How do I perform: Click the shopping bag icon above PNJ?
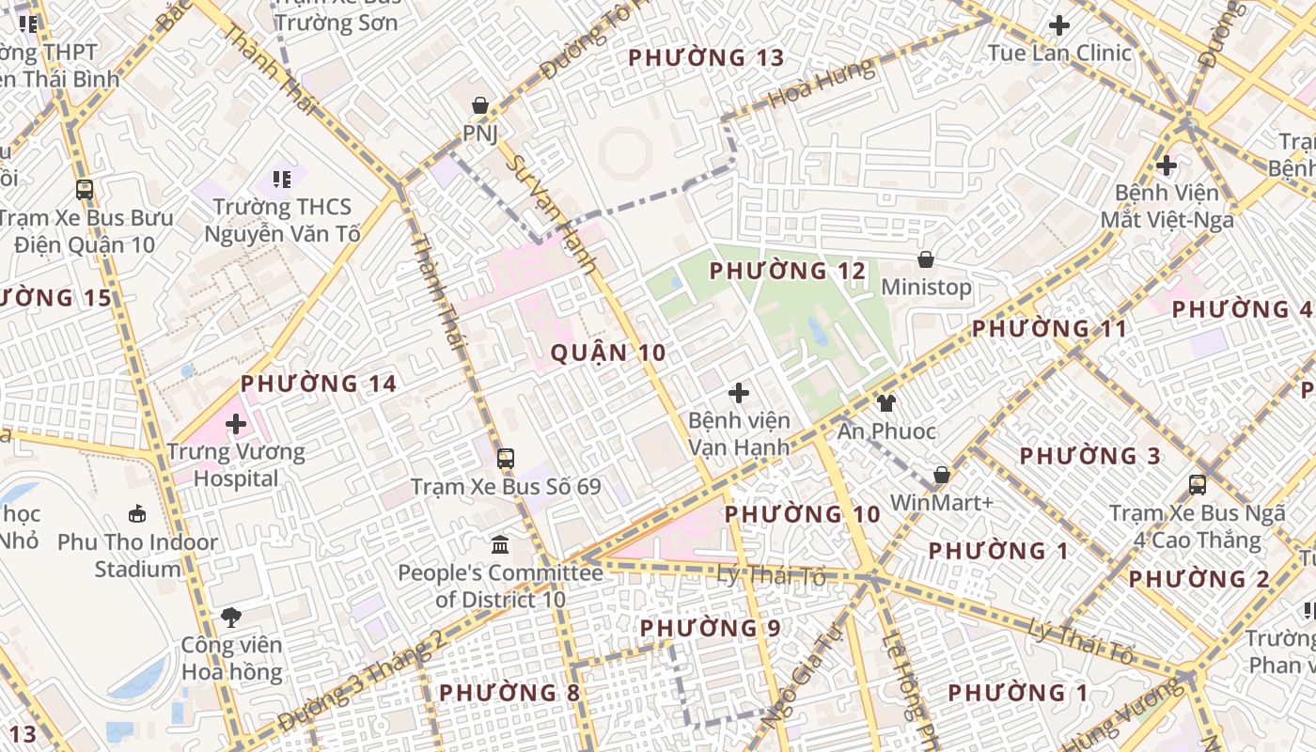click(x=479, y=104)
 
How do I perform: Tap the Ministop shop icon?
click(x=926, y=259)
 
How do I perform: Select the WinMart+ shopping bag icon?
click(x=941, y=475)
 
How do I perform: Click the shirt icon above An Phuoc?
click(x=886, y=403)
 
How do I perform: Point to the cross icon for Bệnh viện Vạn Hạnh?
click(x=739, y=392)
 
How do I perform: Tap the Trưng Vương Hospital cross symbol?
click(x=236, y=424)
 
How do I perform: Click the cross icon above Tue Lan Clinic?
click(x=1059, y=25)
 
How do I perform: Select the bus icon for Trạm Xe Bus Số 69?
click(x=506, y=459)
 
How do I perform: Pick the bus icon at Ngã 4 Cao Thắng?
click(x=1198, y=485)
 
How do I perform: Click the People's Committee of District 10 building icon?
click(x=500, y=544)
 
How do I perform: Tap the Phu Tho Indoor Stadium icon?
click(x=137, y=513)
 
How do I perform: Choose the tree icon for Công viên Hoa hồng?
click(x=231, y=617)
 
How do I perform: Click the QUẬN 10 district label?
click(x=608, y=352)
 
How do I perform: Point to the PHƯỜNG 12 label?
click(x=787, y=272)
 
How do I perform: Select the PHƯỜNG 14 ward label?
click(x=319, y=384)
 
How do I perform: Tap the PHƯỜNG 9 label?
click(x=710, y=628)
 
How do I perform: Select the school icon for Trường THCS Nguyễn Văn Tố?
click(x=282, y=179)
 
